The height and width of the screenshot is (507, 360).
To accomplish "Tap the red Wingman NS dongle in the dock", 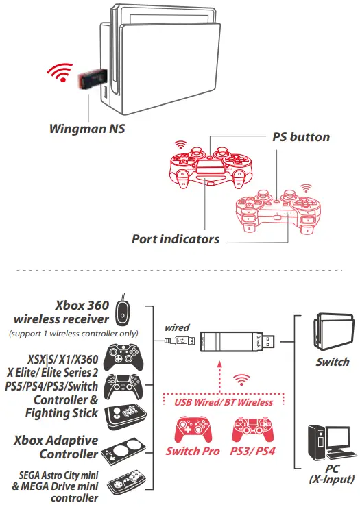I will pos(89,81).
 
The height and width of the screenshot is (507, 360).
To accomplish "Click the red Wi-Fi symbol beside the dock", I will pos(60,73).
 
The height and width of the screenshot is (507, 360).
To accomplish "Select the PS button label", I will pos(299,137).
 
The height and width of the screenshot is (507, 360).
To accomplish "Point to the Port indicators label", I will pos(176,239).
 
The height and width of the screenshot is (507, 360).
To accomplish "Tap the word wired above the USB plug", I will pos(178,328).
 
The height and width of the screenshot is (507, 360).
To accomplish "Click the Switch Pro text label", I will pos(193,452).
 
